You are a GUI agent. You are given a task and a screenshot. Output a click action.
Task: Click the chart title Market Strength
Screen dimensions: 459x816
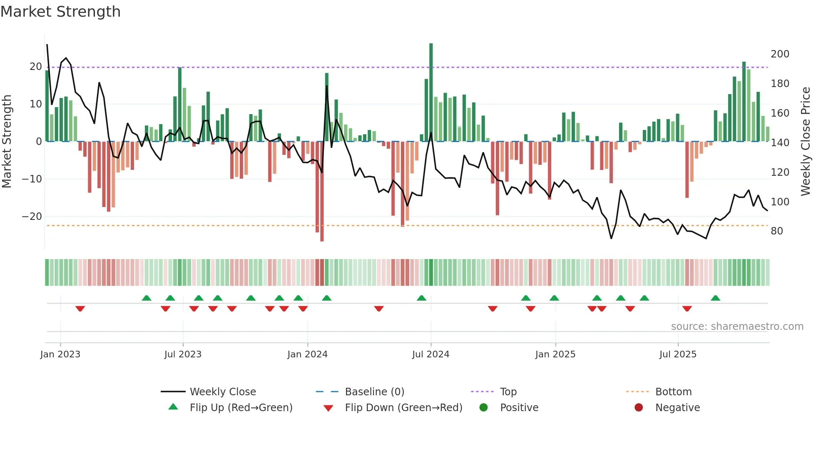pyautogui.click(x=60, y=12)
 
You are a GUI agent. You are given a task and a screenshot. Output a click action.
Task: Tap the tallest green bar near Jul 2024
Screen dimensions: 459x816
pyautogui.click(x=431, y=92)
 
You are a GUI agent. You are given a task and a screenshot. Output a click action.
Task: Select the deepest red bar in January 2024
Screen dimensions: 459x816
pyautogui.click(x=322, y=192)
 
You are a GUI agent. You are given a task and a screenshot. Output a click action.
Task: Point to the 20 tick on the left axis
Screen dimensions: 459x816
pyautogui.click(x=36, y=67)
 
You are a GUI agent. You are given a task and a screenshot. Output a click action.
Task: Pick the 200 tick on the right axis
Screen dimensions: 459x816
pyautogui.click(x=780, y=54)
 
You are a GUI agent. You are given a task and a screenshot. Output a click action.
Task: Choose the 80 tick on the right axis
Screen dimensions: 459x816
pyautogui.click(x=777, y=231)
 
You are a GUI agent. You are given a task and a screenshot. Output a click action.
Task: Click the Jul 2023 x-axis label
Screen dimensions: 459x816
pyautogui.click(x=183, y=354)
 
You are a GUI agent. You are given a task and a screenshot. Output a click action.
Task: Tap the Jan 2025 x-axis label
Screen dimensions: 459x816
pyautogui.click(x=555, y=354)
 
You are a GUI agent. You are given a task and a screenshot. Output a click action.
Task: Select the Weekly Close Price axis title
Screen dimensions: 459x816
pyautogui.click(x=806, y=142)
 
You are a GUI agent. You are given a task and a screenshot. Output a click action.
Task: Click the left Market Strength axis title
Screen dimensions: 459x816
pyautogui.click(x=7, y=142)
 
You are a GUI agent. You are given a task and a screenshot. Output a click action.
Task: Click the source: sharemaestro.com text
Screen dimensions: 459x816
pyautogui.click(x=737, y=327)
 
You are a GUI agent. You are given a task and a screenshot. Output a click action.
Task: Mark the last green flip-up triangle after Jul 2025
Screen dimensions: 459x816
pyautogui.click(x=715, y=298)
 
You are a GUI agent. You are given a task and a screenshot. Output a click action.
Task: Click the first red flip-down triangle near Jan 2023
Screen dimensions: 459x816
pyautogui.click(x=80, y=309)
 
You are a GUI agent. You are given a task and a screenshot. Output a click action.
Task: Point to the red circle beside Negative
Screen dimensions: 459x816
pyautogui.click(x=639, y=408)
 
